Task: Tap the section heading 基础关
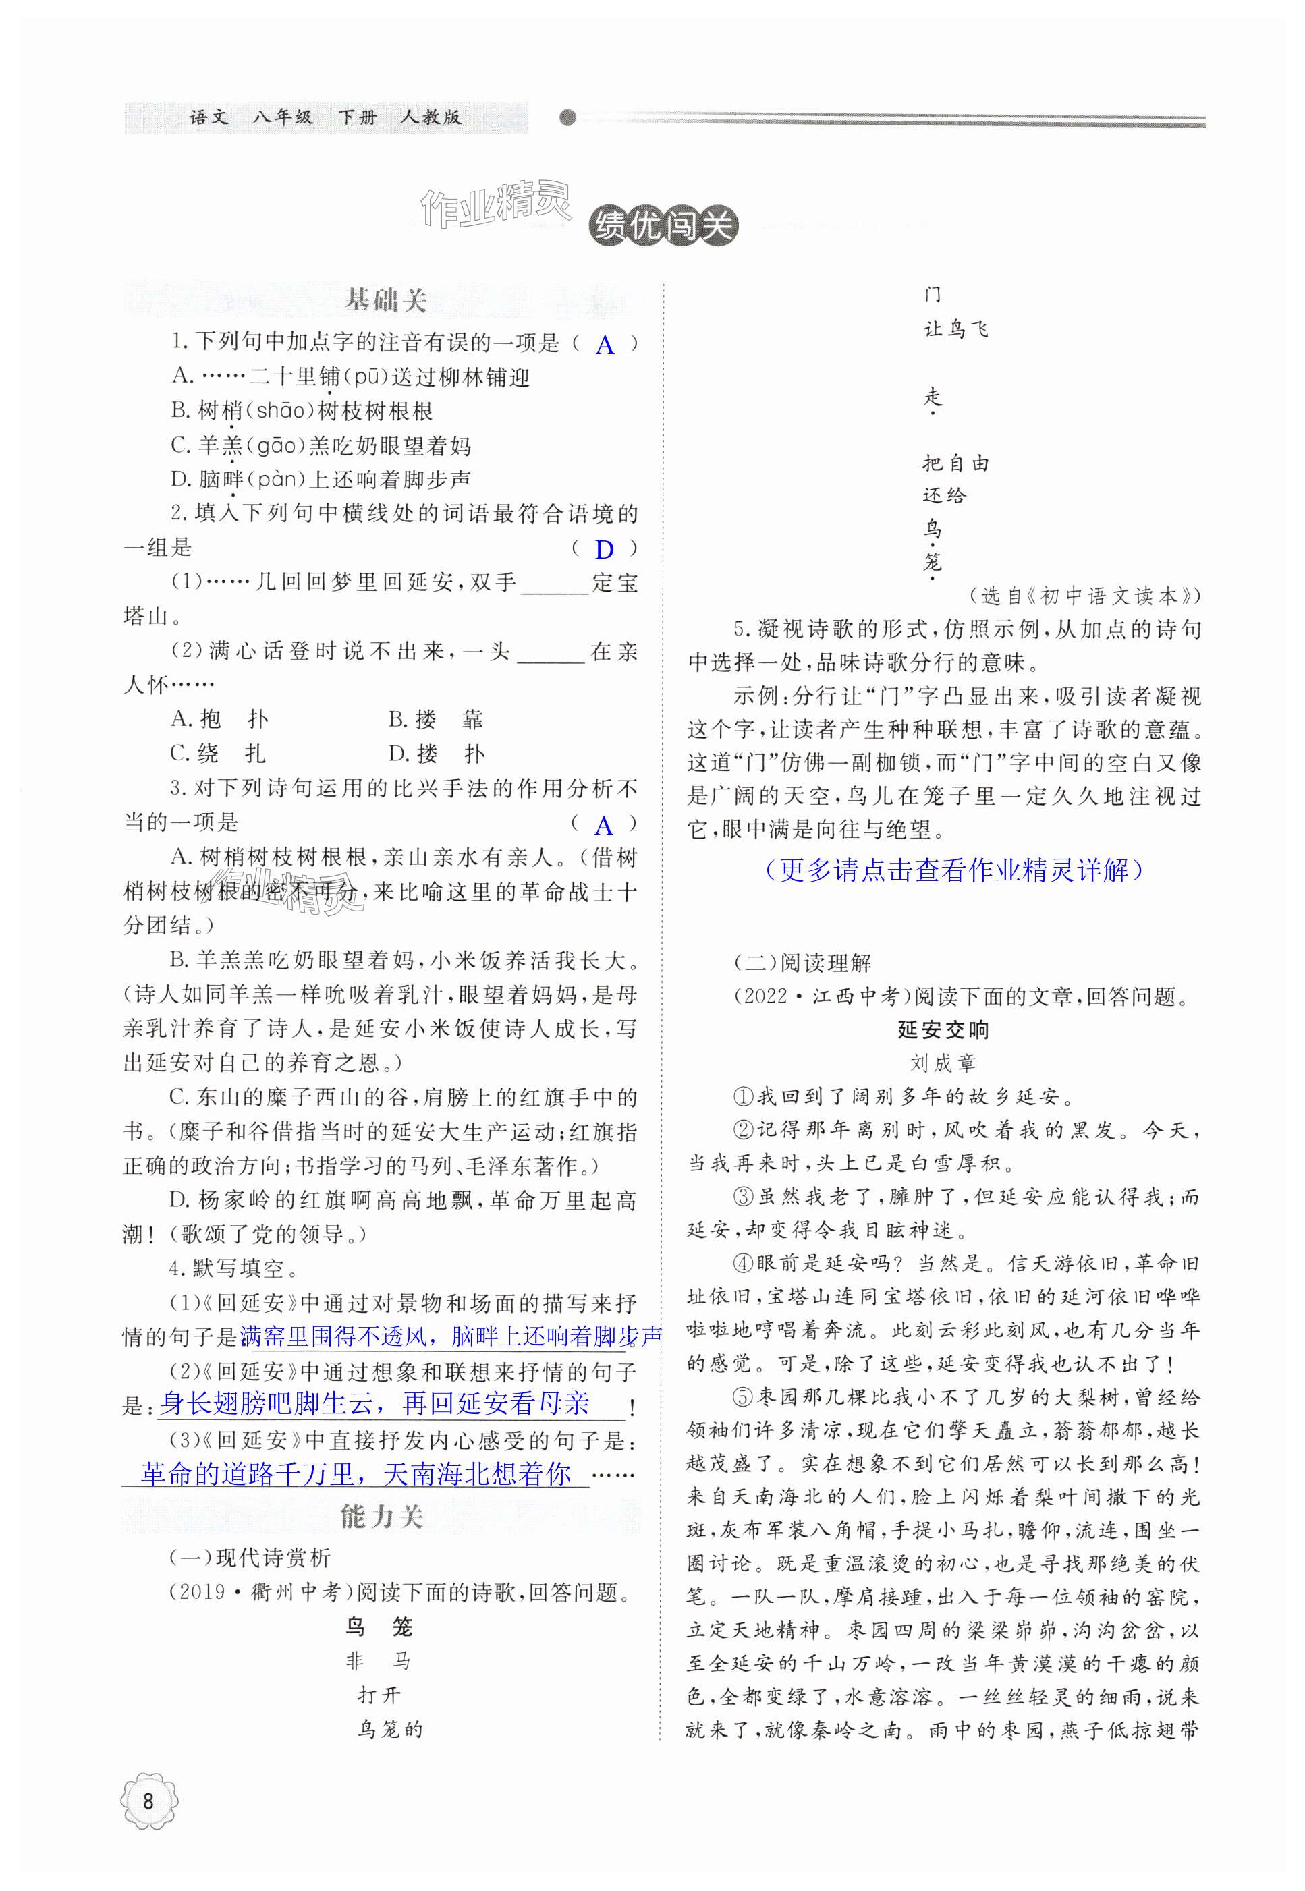(386, 301)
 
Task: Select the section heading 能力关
(382, 1517)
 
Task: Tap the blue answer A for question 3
(605, 826)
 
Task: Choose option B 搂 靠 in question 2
(436, 719)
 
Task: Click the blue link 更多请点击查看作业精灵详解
(953, 870)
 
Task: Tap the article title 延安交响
(943, 1029)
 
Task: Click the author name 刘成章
(943, 1063)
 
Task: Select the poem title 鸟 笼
(379, 1627)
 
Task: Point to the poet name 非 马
(379, 1661)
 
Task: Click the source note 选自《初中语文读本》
(1084, 596)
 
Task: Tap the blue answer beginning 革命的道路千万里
(356, 1473)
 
